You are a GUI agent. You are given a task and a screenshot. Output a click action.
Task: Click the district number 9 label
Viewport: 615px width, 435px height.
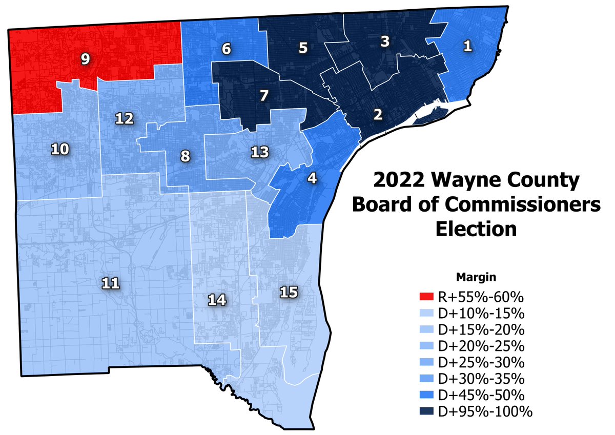pyautogui.click(x=86, y=59)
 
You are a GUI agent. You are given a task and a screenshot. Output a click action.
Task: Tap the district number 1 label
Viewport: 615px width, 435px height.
pyautogui.click(x=467, y=47)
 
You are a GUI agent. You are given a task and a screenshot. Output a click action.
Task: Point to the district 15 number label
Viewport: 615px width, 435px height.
pyautogui.click(x=289, y=292)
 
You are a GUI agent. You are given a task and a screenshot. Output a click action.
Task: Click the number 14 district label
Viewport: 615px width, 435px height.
pyautogui.click(x=217, y=300)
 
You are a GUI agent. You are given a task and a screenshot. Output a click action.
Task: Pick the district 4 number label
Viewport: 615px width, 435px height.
pyautogui.click(x=312, y=179)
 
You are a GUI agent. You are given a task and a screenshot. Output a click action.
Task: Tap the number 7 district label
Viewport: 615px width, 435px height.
pyautogui.click(x=263, y=95)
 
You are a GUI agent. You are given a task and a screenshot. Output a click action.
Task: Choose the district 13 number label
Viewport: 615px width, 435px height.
pyautogui.click(x=259, y=152)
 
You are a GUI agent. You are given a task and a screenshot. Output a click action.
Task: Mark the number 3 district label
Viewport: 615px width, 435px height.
pyautogui.click(x=384, y=42)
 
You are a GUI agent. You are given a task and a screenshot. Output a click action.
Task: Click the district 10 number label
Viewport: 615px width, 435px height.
pyautogui.click(x=60, y=149)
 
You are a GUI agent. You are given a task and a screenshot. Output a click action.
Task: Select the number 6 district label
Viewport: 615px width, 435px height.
pyautogui.click(x=226, y=49)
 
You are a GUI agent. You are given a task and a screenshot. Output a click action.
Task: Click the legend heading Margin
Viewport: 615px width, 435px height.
pyautogui.click(x=476, y=278)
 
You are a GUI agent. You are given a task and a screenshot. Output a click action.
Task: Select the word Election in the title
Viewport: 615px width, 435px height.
pyautogui.click(x=476, y=228)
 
